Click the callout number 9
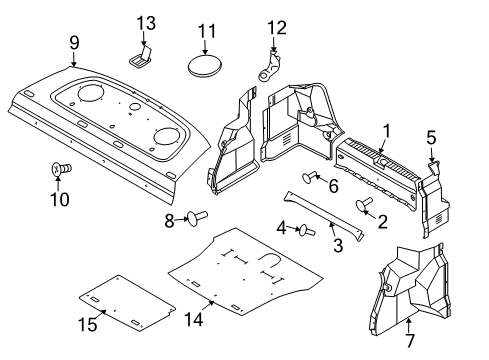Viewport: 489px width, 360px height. [x=73, y=41]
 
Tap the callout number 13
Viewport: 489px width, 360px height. [x=147, y=22]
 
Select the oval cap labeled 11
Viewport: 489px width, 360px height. [x=207, y=67]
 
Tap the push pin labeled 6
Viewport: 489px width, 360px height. [x=313, y=179]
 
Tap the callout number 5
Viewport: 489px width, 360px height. [x=432, y=137]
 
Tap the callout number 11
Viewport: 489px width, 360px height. [x=206, y=32]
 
